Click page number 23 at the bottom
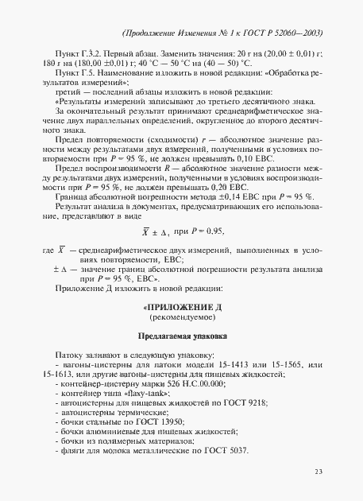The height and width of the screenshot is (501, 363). (x=318, y=472)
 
